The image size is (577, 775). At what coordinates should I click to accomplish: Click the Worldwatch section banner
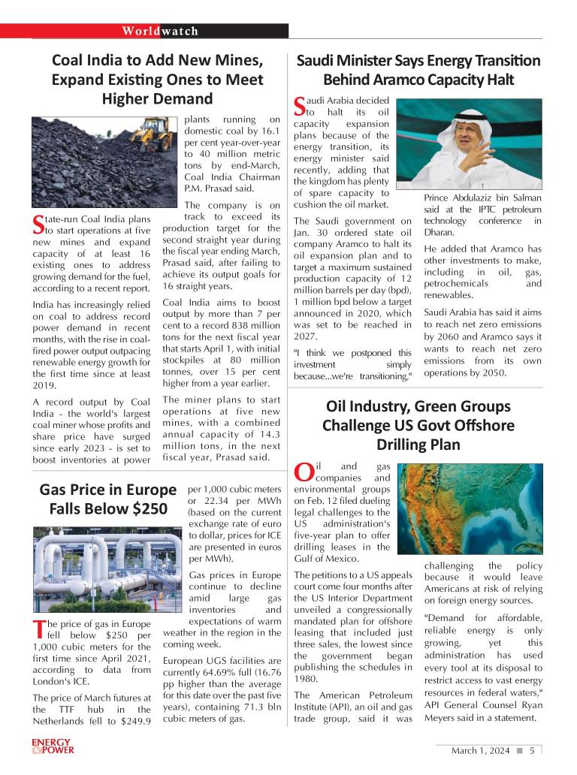pos(161,31)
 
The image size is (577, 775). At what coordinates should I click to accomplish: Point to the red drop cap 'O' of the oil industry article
pos(303,472)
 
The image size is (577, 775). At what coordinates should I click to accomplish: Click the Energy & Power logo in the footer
pos(53,746)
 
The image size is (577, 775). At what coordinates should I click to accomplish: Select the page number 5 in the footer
pos(532,750)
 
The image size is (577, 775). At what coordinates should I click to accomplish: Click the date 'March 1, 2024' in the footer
pos(480,750)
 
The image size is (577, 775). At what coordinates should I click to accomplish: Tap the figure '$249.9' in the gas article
pos(131,722)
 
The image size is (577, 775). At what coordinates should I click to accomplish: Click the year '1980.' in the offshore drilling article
pos(307,679)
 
